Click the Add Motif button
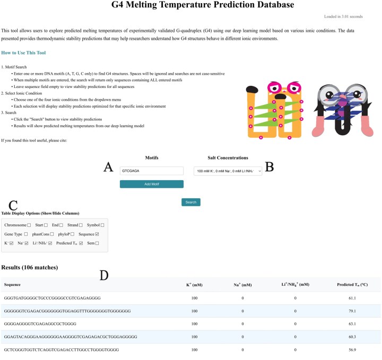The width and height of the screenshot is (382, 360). (152, 184)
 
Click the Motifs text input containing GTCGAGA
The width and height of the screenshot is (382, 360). (152, 171)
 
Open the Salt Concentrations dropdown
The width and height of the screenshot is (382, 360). (228, 171)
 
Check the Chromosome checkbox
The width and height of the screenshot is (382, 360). (29, 225)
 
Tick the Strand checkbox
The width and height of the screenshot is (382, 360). (81, 225)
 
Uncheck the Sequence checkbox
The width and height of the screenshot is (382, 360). (97, 234)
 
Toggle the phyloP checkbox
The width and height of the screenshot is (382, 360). (72, 234)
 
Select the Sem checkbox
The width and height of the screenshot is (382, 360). (97, 243)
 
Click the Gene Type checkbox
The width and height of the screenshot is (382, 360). (26, 234)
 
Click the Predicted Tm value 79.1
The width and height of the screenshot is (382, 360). (352, 311)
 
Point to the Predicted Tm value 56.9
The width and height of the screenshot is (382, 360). (352, 350)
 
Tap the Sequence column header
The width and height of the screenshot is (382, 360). (12, 285)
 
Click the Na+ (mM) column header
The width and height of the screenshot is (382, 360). (242, 285)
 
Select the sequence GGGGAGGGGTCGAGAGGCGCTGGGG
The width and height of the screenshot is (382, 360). (40, 324)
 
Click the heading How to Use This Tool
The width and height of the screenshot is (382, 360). (23, 53)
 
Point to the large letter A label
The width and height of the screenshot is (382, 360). (108, 167)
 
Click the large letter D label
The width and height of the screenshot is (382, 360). (104, 276)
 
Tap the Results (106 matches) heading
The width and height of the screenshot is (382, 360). (30, 268)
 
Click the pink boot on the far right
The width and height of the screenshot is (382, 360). (367, 126)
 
